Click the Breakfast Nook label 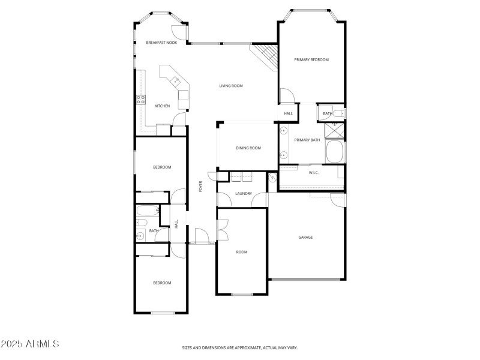pos(161,43)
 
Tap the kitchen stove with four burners pos(142,100)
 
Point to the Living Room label pos(230,86)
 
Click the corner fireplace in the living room pos(266,58)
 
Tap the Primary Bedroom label pos(311,59)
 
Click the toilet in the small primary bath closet pos(339,113)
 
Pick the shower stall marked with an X pos(335,130)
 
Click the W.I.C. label pos(313,173)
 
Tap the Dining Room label pos(248,148)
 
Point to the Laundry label pos(243,194)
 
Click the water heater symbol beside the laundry pos(272,178)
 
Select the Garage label pos(305,237)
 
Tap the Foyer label pos(201,186)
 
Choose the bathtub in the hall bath pos(147,211)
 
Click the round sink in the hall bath pos(140,236)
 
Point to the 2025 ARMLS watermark pos(30,344)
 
